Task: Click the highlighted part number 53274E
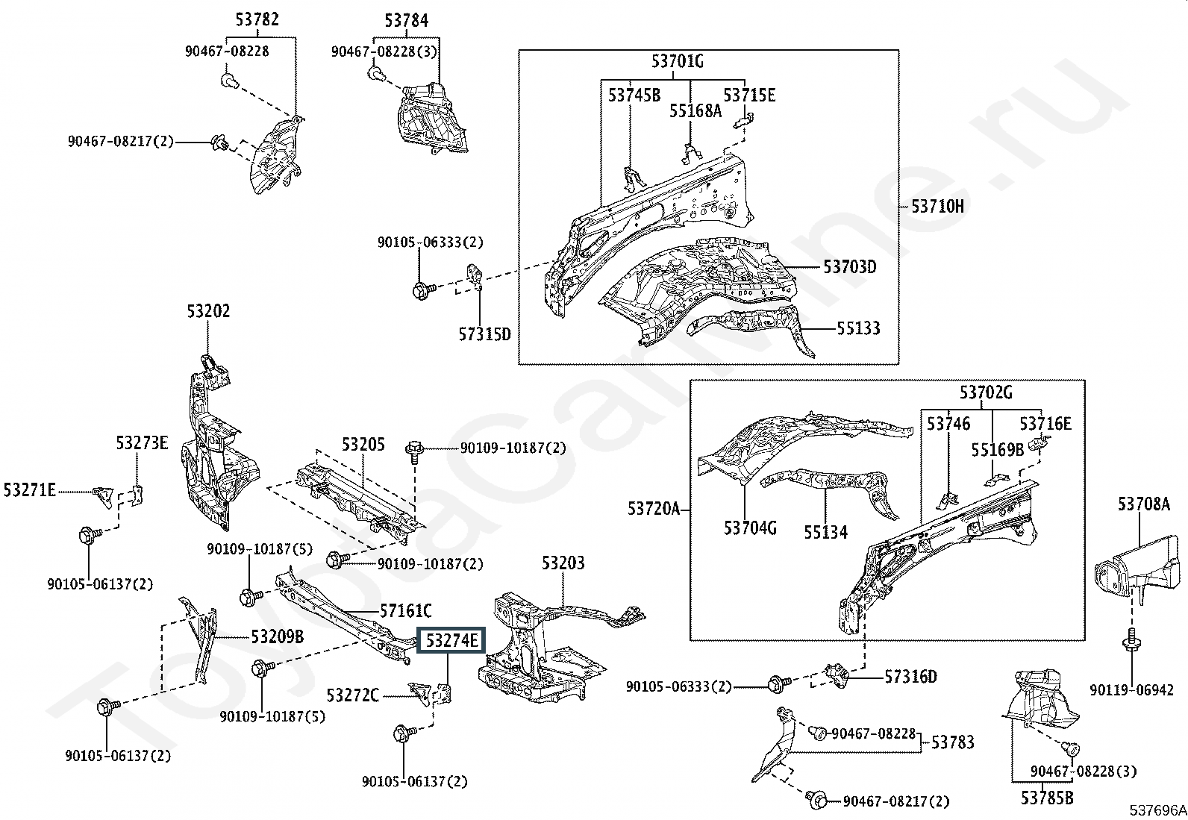pyautogui.click(x=451, y=640)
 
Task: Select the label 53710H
pyautogui.click(x=937, y=207)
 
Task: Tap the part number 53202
pyautogui.click(x=208, y=311)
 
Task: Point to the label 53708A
pyautogui.click(x=1143, y=504)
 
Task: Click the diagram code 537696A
pyautogui.click(x=1156, y=810)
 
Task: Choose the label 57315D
pyautogui.click(x=484, y=334)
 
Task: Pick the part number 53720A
pyautogui.click(x=654, y=509)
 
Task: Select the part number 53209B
pyautogui.click(x=277, y=636)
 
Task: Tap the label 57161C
pyautogui.click(x=405, y=612)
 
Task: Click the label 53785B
pyautogui.click(x=1047, y=798)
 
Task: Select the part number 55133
pyautogui.click(x=857, y=328)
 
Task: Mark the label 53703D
pyautogui.click(x=849, y=266)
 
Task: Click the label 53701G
pyautogui.click(x=677, y=61)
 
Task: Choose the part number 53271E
pyautogui.click(x=30, y=490)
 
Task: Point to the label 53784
pyautogui.click(x=407, y=20)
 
